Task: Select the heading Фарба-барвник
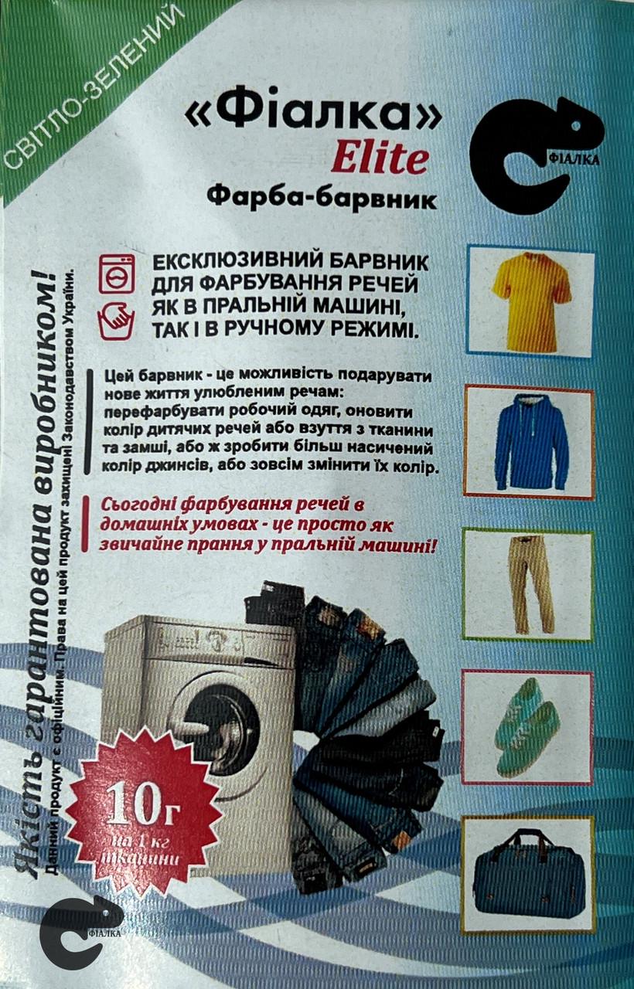tap(322, 199)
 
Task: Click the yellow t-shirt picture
tap(531, 299)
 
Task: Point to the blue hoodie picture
tap(531, 442)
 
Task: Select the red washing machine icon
tap(117, 274)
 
